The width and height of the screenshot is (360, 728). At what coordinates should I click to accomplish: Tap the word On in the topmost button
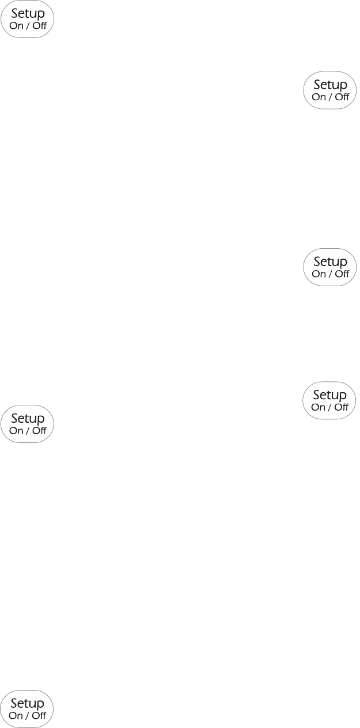(x=16, y=25)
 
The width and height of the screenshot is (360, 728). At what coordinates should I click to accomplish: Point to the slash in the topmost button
(x=28, y=25)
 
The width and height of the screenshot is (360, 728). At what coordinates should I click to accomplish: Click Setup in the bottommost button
(x=28, y=703)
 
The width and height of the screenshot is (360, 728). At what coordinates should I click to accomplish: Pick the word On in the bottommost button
(x=16, y=715)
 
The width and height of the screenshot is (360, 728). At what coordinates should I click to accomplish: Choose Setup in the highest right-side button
(x=330, y=85)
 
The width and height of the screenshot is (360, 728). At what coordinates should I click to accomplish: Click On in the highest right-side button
(x=319, y=97)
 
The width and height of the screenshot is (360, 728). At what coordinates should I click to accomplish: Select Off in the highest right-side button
(x=342, y=97)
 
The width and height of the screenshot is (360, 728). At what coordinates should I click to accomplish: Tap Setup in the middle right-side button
(x=330, y=262)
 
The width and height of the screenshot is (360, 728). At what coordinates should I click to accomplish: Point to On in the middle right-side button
(x=319, y=274)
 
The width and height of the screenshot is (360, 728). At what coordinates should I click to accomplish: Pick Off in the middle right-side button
(x=342, y=274)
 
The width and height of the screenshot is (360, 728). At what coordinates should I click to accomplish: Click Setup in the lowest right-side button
(x=330, y=395)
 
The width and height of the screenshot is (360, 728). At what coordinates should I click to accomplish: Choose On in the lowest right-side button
(x=319, y=407)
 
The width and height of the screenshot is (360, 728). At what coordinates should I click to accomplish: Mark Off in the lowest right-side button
(x=342, y=407)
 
